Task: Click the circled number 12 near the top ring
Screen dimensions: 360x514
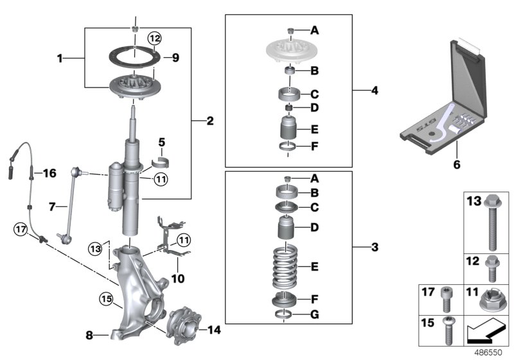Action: [x=154, y=39]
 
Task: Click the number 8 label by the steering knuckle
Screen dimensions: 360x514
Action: [x=91, y=334]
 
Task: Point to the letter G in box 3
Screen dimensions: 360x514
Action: [x=314, y=314]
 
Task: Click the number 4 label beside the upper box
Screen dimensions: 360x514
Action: [x=374, y=91]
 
